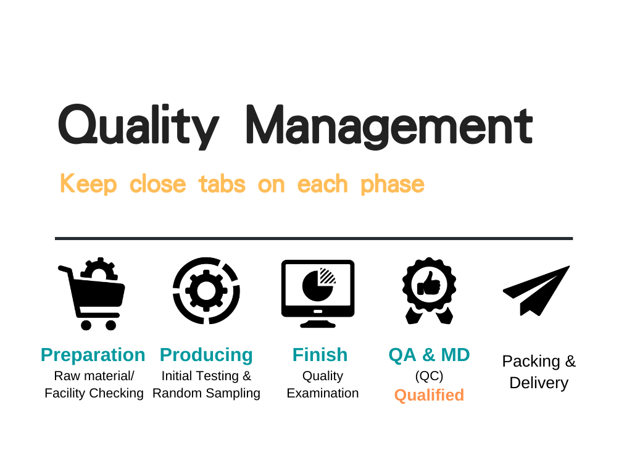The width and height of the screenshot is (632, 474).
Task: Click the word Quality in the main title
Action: [x=139, y=126]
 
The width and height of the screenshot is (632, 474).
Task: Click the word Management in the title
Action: [x=389, y=126]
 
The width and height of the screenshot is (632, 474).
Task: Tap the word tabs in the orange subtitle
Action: [x=222, y=184]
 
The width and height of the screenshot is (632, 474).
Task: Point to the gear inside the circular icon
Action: [x=206, y=291]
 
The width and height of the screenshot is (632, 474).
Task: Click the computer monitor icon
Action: [x=318, y=293]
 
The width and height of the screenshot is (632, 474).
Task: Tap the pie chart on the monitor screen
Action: [x=318, y=285]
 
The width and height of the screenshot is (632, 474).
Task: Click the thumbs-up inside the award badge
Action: [x=429, y=285]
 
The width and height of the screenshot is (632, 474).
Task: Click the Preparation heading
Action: [x=93, y=355]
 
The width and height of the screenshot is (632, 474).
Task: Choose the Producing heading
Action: [x=206, y=355]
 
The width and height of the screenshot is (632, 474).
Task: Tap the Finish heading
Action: [x=320, y=355]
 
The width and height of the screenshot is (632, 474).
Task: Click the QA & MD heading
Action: [x=430, y=355]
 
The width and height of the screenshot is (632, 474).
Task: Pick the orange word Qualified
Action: [x=430, y=395]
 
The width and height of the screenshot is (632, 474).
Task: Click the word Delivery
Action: [x=539, y=383]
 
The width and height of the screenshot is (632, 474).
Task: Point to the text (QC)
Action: [x=430, y=376]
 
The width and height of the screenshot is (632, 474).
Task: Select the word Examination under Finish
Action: [x=322, y=393]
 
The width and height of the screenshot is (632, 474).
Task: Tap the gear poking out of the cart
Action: [x=99, y=269]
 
